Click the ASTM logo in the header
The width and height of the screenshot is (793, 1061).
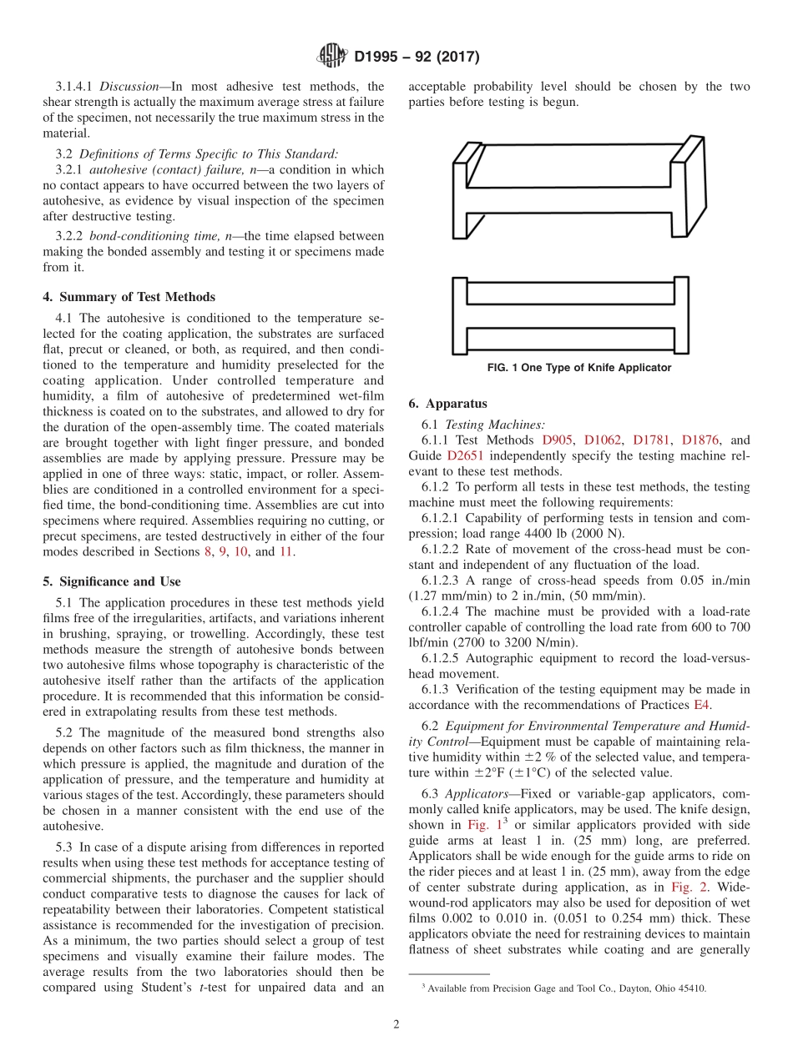point(333,57)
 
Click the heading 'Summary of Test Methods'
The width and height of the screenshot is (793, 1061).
point(136,297)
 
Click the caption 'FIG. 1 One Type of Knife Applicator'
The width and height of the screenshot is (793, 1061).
point(579,368)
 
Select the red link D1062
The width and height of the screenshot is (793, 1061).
point(603,440)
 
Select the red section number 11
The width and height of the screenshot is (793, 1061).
point(286,552)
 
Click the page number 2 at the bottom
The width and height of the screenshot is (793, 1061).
point(396,1025)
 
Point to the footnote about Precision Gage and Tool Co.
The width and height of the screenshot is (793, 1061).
point(563,988)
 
